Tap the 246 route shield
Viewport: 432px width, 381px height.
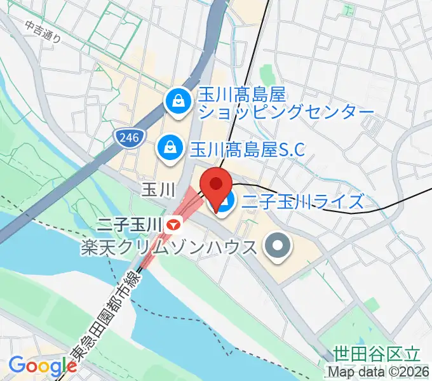point(130,137)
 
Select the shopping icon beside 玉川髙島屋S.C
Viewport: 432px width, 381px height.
point(170,147)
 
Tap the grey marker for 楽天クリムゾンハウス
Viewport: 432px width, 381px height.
point(277,246)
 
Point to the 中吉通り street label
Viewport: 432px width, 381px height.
point(43,32)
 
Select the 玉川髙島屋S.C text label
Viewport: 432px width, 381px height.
point(248,148)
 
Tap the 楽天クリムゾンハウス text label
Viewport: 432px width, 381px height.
point(169,246)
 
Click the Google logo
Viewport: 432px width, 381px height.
point(43,366)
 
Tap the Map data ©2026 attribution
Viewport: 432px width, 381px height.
point(378,372)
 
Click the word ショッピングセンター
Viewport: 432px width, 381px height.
point(286,113)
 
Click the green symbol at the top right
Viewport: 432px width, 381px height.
point(348,9)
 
